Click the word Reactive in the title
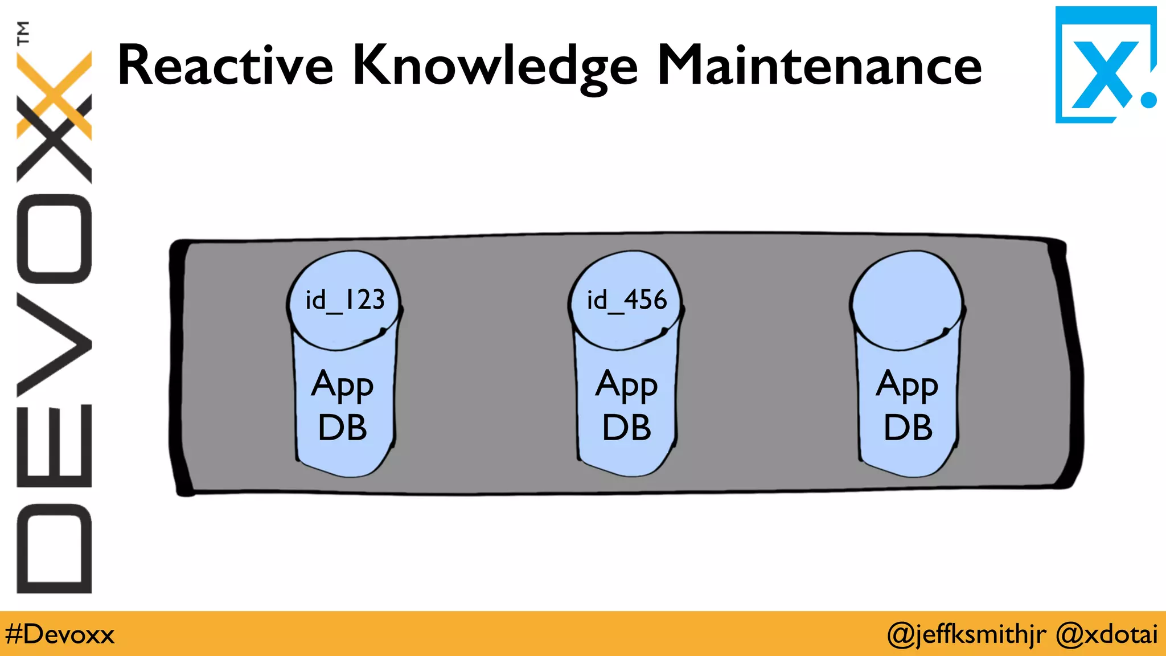[225, 65]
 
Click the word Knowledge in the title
[495, 67]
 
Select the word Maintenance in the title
[819, 65]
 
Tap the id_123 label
[345, 300]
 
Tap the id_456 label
[626, 300]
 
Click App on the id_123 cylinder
[342, 386]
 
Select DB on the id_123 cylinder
[342, 428]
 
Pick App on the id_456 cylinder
[626, 386]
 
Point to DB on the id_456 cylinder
[626, 428]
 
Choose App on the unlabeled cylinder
[907, 386]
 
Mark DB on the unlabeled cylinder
[908, 428]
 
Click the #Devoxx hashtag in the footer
[60, 634]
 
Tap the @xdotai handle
[1106, 634]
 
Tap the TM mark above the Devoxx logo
[23, 32]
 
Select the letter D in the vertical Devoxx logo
[55, 548]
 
